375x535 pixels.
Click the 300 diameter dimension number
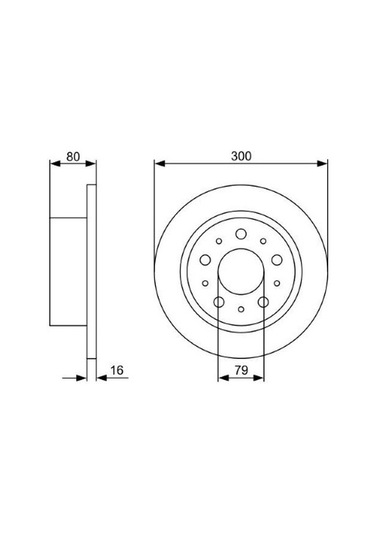pos(240,156)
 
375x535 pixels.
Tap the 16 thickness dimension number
pos(116,370)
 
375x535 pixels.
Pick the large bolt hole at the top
pos(241,235)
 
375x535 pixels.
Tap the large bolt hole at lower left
pos(219,301)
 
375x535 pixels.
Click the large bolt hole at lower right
pos(263,301)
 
